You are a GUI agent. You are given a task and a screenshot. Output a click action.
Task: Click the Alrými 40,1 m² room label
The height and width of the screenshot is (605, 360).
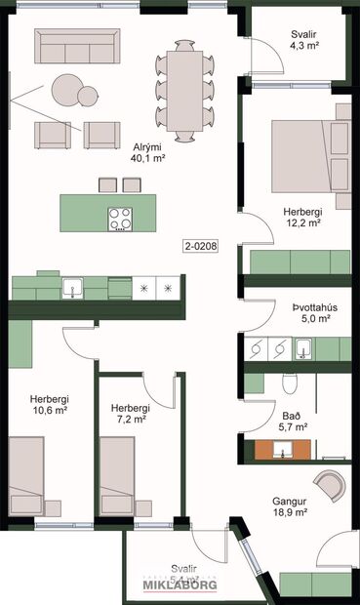point(147,151)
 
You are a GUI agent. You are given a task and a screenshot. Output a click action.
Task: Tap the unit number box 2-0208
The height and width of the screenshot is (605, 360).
point(200,247)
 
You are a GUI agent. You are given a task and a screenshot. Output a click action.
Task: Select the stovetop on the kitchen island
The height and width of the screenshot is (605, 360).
point(121,219)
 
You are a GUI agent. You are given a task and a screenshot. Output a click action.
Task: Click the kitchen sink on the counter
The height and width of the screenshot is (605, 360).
point(71,288)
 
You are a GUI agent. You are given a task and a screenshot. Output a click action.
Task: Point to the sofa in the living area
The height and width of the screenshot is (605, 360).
point(76,45)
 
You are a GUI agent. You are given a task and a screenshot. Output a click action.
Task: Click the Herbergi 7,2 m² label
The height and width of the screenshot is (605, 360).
point(129,413)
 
